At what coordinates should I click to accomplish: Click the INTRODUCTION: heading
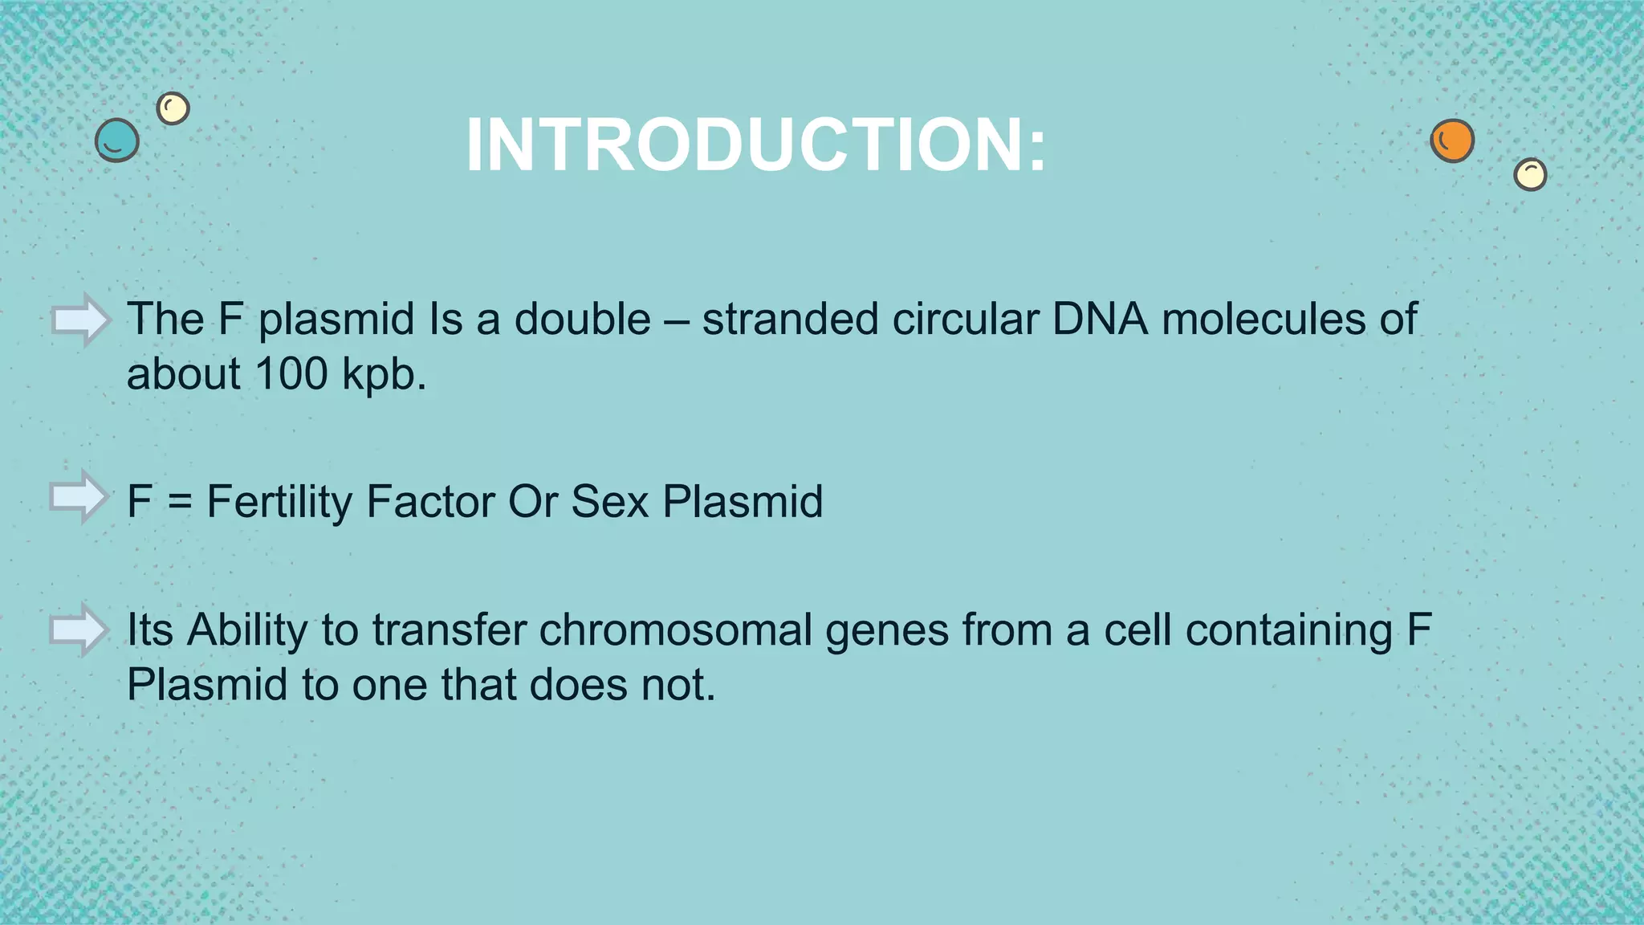coord(756,145)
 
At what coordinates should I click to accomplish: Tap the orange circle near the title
coord(1452,141)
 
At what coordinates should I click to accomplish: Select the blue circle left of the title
coord(117,141)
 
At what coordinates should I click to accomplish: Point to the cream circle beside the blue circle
coord(173,108)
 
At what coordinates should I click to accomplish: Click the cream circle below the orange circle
coord(1530,174)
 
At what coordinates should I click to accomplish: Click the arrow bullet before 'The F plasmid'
coord(80,320)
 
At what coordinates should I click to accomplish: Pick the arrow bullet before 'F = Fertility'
coord(79,497)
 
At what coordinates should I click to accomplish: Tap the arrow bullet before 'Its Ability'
coord(79,630)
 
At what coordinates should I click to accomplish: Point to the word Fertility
coord(279,503)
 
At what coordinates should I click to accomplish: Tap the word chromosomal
coord(676,630)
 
